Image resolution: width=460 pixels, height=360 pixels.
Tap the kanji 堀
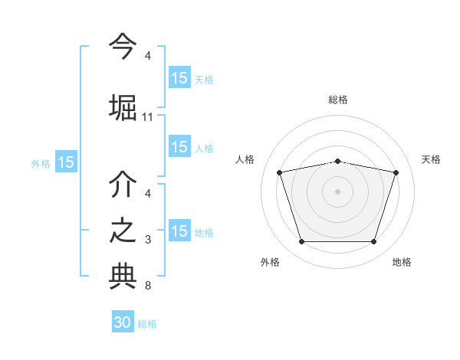coord(123,106)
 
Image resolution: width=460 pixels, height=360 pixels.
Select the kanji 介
coord(123,185)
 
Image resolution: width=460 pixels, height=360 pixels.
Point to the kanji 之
coord(123,231)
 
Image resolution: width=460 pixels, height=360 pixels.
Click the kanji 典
coord(123,277)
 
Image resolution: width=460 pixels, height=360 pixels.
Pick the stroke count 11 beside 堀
coord(148,117)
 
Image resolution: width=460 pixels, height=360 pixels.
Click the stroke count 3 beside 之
coord(148,241)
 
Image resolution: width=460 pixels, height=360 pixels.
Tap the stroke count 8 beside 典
coord(148,286)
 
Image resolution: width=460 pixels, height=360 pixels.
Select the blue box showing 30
coord(123,322)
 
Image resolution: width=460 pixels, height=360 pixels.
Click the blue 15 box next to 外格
coord(66,162)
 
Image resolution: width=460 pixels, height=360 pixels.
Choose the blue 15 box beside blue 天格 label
coord(179,78)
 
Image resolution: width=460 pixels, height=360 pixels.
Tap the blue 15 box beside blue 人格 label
coord(179,148)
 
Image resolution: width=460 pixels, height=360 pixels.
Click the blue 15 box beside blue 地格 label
coord(179,232)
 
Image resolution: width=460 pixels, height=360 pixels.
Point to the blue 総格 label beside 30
coord(147,324)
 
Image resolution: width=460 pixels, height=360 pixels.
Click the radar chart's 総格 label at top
coord(337,100)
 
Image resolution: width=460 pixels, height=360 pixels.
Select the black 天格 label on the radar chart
coord(431,159)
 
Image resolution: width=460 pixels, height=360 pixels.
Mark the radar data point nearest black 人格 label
coord(279,172)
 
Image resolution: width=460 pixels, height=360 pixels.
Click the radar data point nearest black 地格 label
coord(373,242)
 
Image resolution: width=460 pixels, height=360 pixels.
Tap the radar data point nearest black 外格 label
coord(301,242)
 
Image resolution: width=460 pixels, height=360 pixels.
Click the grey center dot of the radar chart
coord(337,191)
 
